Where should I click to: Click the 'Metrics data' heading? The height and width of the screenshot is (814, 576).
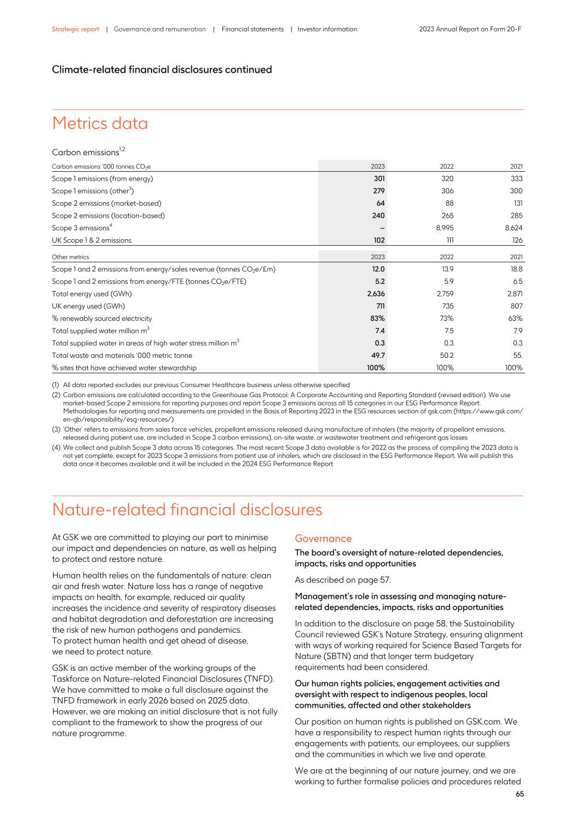[100, 123]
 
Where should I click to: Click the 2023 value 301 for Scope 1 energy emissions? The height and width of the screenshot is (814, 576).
[379, 178]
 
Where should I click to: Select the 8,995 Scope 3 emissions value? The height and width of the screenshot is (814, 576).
[444, 228]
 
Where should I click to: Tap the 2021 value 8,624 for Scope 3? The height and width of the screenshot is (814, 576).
[513, 228]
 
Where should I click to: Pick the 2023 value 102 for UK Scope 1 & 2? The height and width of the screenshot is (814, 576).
[379, 240]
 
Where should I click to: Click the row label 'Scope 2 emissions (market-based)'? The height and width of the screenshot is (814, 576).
[106, 203]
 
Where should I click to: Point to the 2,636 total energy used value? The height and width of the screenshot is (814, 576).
[376, 293]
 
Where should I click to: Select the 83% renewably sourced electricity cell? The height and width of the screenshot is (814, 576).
[377, 318]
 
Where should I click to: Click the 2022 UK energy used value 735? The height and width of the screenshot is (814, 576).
[447, 306]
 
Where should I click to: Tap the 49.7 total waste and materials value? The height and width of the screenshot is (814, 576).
[377, 355]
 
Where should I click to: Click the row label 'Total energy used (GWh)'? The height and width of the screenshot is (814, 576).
[91, 293]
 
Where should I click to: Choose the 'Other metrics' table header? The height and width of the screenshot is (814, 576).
[70, 257]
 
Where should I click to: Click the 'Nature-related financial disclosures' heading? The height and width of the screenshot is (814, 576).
[187, 510]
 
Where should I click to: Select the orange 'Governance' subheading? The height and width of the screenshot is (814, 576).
[323, 538]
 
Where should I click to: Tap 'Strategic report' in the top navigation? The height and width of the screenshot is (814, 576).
[75, 29]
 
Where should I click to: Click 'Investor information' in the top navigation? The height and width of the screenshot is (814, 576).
[327, 29]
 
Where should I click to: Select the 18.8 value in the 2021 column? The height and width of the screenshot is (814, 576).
[516, 269]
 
